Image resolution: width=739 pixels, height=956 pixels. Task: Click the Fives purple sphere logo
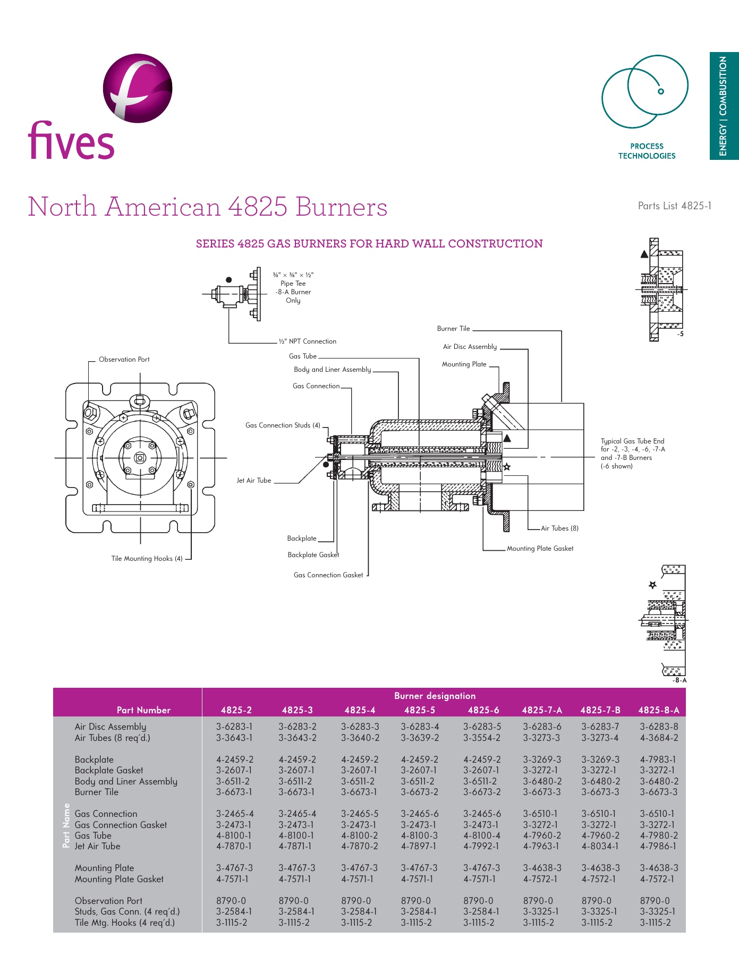click(138, 88)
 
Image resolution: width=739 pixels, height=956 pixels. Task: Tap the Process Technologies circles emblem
click(645, 91)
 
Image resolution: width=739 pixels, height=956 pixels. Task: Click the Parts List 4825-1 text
click(674, 206)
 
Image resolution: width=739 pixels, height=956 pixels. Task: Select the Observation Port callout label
click(124, 360)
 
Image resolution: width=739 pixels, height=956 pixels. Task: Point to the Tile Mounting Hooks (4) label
click(147, 558)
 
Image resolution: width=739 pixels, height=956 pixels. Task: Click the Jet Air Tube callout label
click(254, 481)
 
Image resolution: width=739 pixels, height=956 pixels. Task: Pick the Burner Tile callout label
click(453, 329)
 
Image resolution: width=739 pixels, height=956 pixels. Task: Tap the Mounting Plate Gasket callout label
click(540, 549)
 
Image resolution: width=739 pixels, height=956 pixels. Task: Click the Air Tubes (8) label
click(559, 528)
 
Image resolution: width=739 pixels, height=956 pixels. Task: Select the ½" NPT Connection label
click(308, 342)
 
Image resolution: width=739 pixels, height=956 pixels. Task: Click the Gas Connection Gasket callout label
click(328, 575)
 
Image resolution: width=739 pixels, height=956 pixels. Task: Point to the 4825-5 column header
click(419, 710)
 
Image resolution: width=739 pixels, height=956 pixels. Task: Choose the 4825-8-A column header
click(658, 710)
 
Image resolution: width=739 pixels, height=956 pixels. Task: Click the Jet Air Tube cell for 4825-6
click(481, 846)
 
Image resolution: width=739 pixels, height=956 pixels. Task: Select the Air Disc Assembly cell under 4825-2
click(234, 727)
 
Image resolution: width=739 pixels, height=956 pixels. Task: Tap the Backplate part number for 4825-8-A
click(658, 759)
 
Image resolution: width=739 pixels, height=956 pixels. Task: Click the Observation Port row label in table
click(108, 901)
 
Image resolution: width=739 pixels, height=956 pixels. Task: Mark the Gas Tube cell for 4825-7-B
click(600, 835)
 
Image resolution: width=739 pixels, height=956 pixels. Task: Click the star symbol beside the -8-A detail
click(652, 585)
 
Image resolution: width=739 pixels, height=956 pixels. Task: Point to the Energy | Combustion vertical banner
click(724, 106)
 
